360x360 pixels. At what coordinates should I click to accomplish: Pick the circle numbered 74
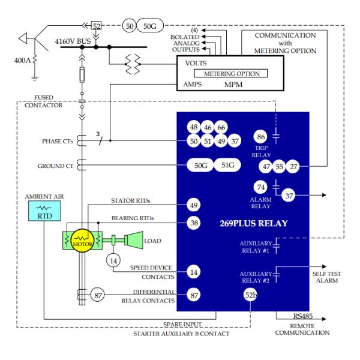[260, 187]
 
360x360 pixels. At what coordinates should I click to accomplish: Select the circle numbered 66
[221, 128]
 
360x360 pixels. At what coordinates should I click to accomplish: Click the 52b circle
[251, 295]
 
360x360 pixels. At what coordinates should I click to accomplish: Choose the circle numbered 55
[280, 166]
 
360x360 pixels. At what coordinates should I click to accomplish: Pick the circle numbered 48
[194, 128]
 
